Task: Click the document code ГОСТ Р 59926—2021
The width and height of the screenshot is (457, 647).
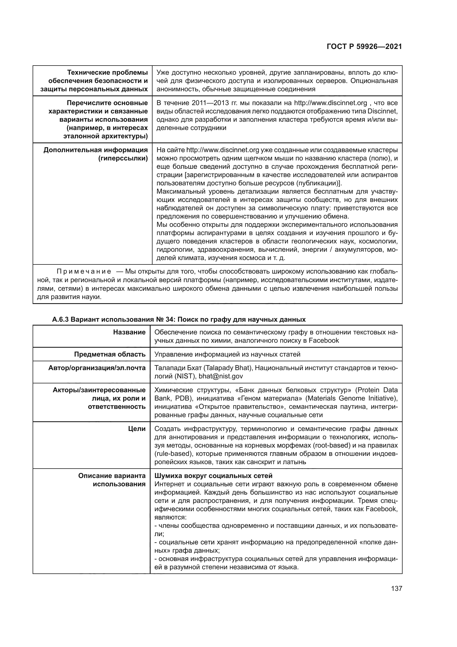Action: (364, 47)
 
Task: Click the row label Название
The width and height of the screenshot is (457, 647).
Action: (129, 332)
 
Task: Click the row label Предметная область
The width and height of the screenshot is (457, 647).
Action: (110, 354)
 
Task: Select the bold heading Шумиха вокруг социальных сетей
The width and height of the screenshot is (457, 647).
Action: (213, 476)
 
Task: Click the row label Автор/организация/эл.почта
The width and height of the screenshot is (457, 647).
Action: (97, 368)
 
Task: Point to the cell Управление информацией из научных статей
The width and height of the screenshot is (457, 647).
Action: (227, 354)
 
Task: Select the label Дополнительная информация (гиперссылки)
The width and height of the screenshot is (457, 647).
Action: (95, 154)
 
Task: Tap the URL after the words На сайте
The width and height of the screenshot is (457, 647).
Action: (223, 150)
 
